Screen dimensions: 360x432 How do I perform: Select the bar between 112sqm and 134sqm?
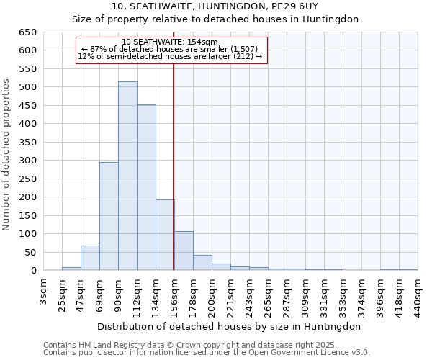(x=146, y=187)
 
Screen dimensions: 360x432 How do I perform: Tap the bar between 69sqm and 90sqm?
(x=109, y=216)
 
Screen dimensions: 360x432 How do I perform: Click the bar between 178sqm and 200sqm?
(x=202, y=263)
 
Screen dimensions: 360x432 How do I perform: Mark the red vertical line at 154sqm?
(x=174, y=166)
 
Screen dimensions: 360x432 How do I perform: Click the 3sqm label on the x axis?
(x=43, y=291)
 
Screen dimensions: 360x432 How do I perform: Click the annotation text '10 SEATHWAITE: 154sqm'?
(x=170, y=42)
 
